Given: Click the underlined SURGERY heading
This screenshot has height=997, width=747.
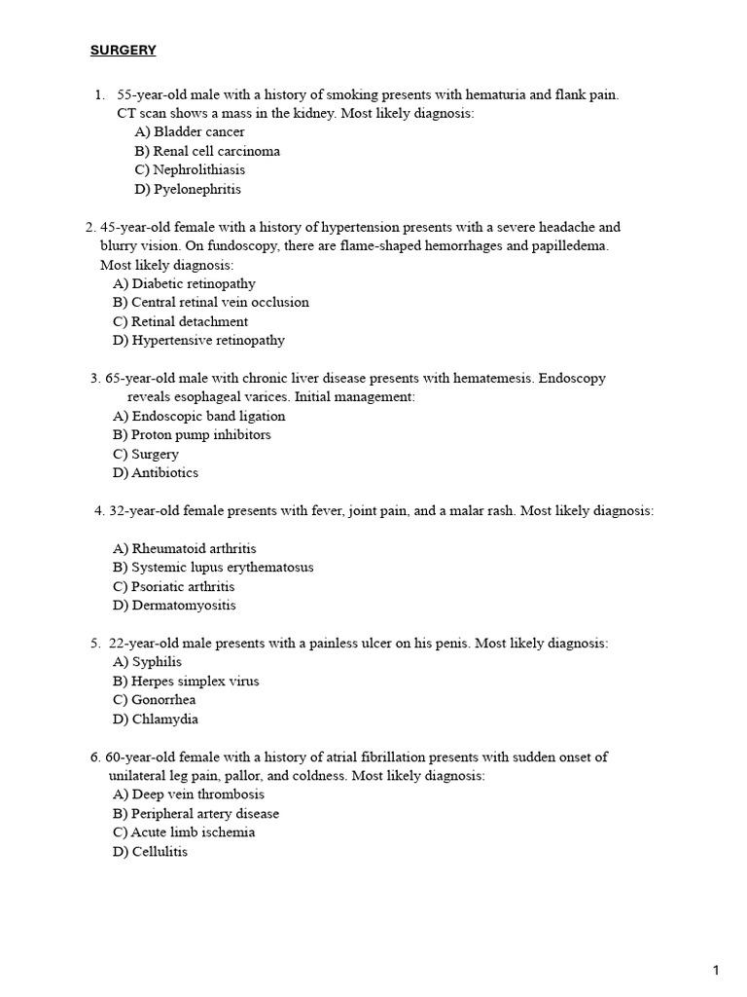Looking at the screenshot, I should (123, 51).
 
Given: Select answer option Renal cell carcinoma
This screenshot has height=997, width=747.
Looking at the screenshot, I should (207, 151).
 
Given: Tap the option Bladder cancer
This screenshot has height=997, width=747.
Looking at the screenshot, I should (190, 131).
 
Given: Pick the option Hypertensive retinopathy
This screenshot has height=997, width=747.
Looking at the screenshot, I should (198, 340).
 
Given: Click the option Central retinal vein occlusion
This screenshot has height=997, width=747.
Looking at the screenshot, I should (210, 302).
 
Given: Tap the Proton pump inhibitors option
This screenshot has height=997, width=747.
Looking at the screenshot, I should (192, 434).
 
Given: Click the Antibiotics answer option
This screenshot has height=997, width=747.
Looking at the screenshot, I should (156, 472).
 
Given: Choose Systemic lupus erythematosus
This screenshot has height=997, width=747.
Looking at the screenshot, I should (213, 567).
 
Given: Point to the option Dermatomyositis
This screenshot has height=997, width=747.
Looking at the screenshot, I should (174, 605).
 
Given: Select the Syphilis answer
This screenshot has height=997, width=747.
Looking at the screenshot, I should (148, 662).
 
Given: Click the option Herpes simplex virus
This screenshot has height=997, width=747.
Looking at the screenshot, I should (186, 681).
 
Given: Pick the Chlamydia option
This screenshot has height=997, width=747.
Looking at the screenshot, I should (156, 719).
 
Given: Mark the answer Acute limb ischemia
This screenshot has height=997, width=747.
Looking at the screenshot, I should (184, 832).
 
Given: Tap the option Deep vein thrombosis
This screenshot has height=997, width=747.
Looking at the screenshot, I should (188, 794).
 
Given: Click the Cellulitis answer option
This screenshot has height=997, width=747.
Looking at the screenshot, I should (151, 852).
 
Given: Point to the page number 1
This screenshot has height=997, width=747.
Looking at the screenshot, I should (716, 970).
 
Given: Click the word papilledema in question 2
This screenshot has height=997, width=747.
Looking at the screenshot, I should (569, 245).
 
